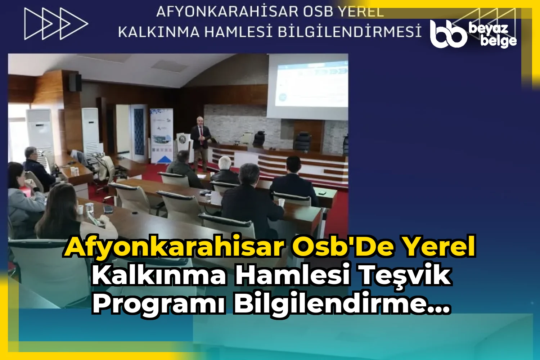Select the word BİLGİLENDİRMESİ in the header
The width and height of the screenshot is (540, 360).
(350, 32)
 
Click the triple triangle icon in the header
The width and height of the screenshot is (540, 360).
(56, 24)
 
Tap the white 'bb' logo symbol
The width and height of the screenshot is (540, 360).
(447, 34)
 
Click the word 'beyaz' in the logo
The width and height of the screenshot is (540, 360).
(489, 28)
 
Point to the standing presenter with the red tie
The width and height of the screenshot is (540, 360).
(201, 142)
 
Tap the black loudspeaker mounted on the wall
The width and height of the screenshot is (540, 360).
(75, 82)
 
